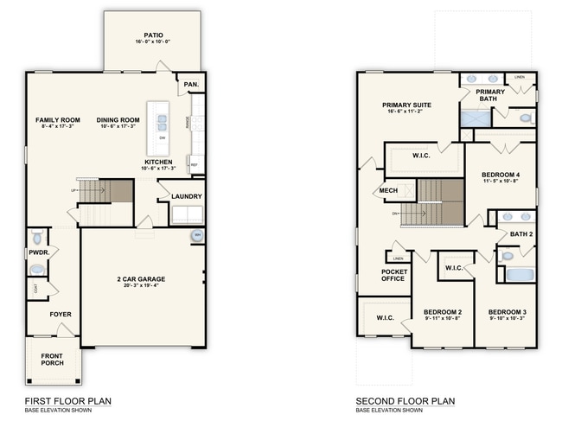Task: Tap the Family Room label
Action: pyautogui.click(x=58, y=119)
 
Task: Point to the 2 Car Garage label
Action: pyautogui.click(x=141, y=279)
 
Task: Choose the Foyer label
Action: pyautogui.click(x=61, y=314)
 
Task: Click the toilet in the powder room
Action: pyautogui.click(x=36, y=237)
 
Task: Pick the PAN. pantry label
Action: pyautogui.click(x=190, y=85)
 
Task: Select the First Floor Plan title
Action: pyautogui.click(x=67, y=401)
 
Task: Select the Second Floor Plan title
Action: pyautogui.click(x=405, y=401)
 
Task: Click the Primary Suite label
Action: pyautogui.click(x=406, y=105)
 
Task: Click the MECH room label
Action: pyautogui.click(x=387, y=191)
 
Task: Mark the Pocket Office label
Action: pyautogui.click(x=394, y=275)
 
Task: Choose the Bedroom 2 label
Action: pyautogui.click(x=442, y=311)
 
